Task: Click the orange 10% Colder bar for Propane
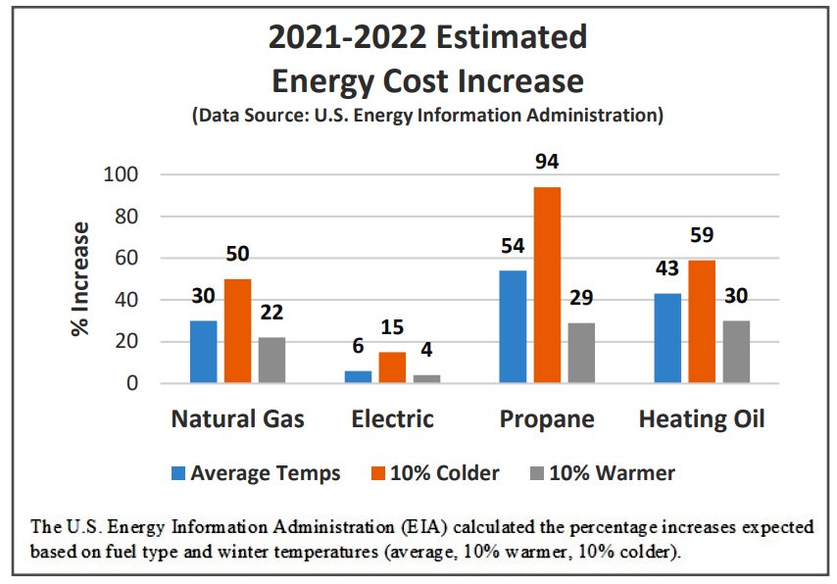click(547, 285)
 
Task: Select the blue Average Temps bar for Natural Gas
click(204, 352)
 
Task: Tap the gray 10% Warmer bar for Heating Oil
click(735, 352)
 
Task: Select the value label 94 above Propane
click(547, 162)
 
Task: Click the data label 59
click(703, 235)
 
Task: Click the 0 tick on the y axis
click(129, 384)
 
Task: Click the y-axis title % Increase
click(79, 278)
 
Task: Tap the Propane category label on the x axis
click(547, 419)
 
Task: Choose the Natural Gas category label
click(237, 419)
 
